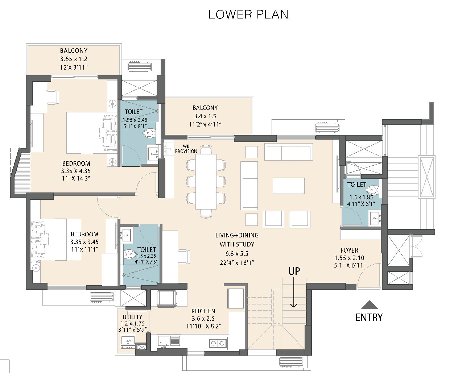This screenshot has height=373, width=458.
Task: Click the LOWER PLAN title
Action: click(248, 14)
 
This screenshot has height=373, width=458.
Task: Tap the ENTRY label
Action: click(369, 318)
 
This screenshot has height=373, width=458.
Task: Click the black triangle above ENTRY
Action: click(370, 305)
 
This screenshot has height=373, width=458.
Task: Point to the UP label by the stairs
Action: click(294, 271)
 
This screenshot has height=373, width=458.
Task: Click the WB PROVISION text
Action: click(186, 149)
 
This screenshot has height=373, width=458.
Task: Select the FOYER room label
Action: click(350, 250)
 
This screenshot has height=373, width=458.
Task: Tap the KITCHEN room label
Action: click(203, 311)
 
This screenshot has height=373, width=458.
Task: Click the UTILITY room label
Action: click(132, 317)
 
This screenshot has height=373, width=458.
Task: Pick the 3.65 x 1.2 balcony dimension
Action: click(74, 59)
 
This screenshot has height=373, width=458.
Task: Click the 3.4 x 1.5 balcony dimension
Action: click(205, 116)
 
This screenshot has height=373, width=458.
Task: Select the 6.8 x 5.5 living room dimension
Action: click(237, 253)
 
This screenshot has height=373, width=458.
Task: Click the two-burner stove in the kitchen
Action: click(218, 343)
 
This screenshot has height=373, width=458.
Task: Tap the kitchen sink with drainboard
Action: click(169, 341)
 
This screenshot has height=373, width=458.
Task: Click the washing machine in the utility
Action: click(128, 341)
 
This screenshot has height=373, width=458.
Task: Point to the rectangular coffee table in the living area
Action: click(289, 186)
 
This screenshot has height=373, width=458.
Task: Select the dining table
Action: click(206, 182)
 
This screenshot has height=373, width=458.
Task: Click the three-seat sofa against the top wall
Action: click(289, 152)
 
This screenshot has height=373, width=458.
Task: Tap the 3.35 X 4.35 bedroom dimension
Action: click(76, 171)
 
